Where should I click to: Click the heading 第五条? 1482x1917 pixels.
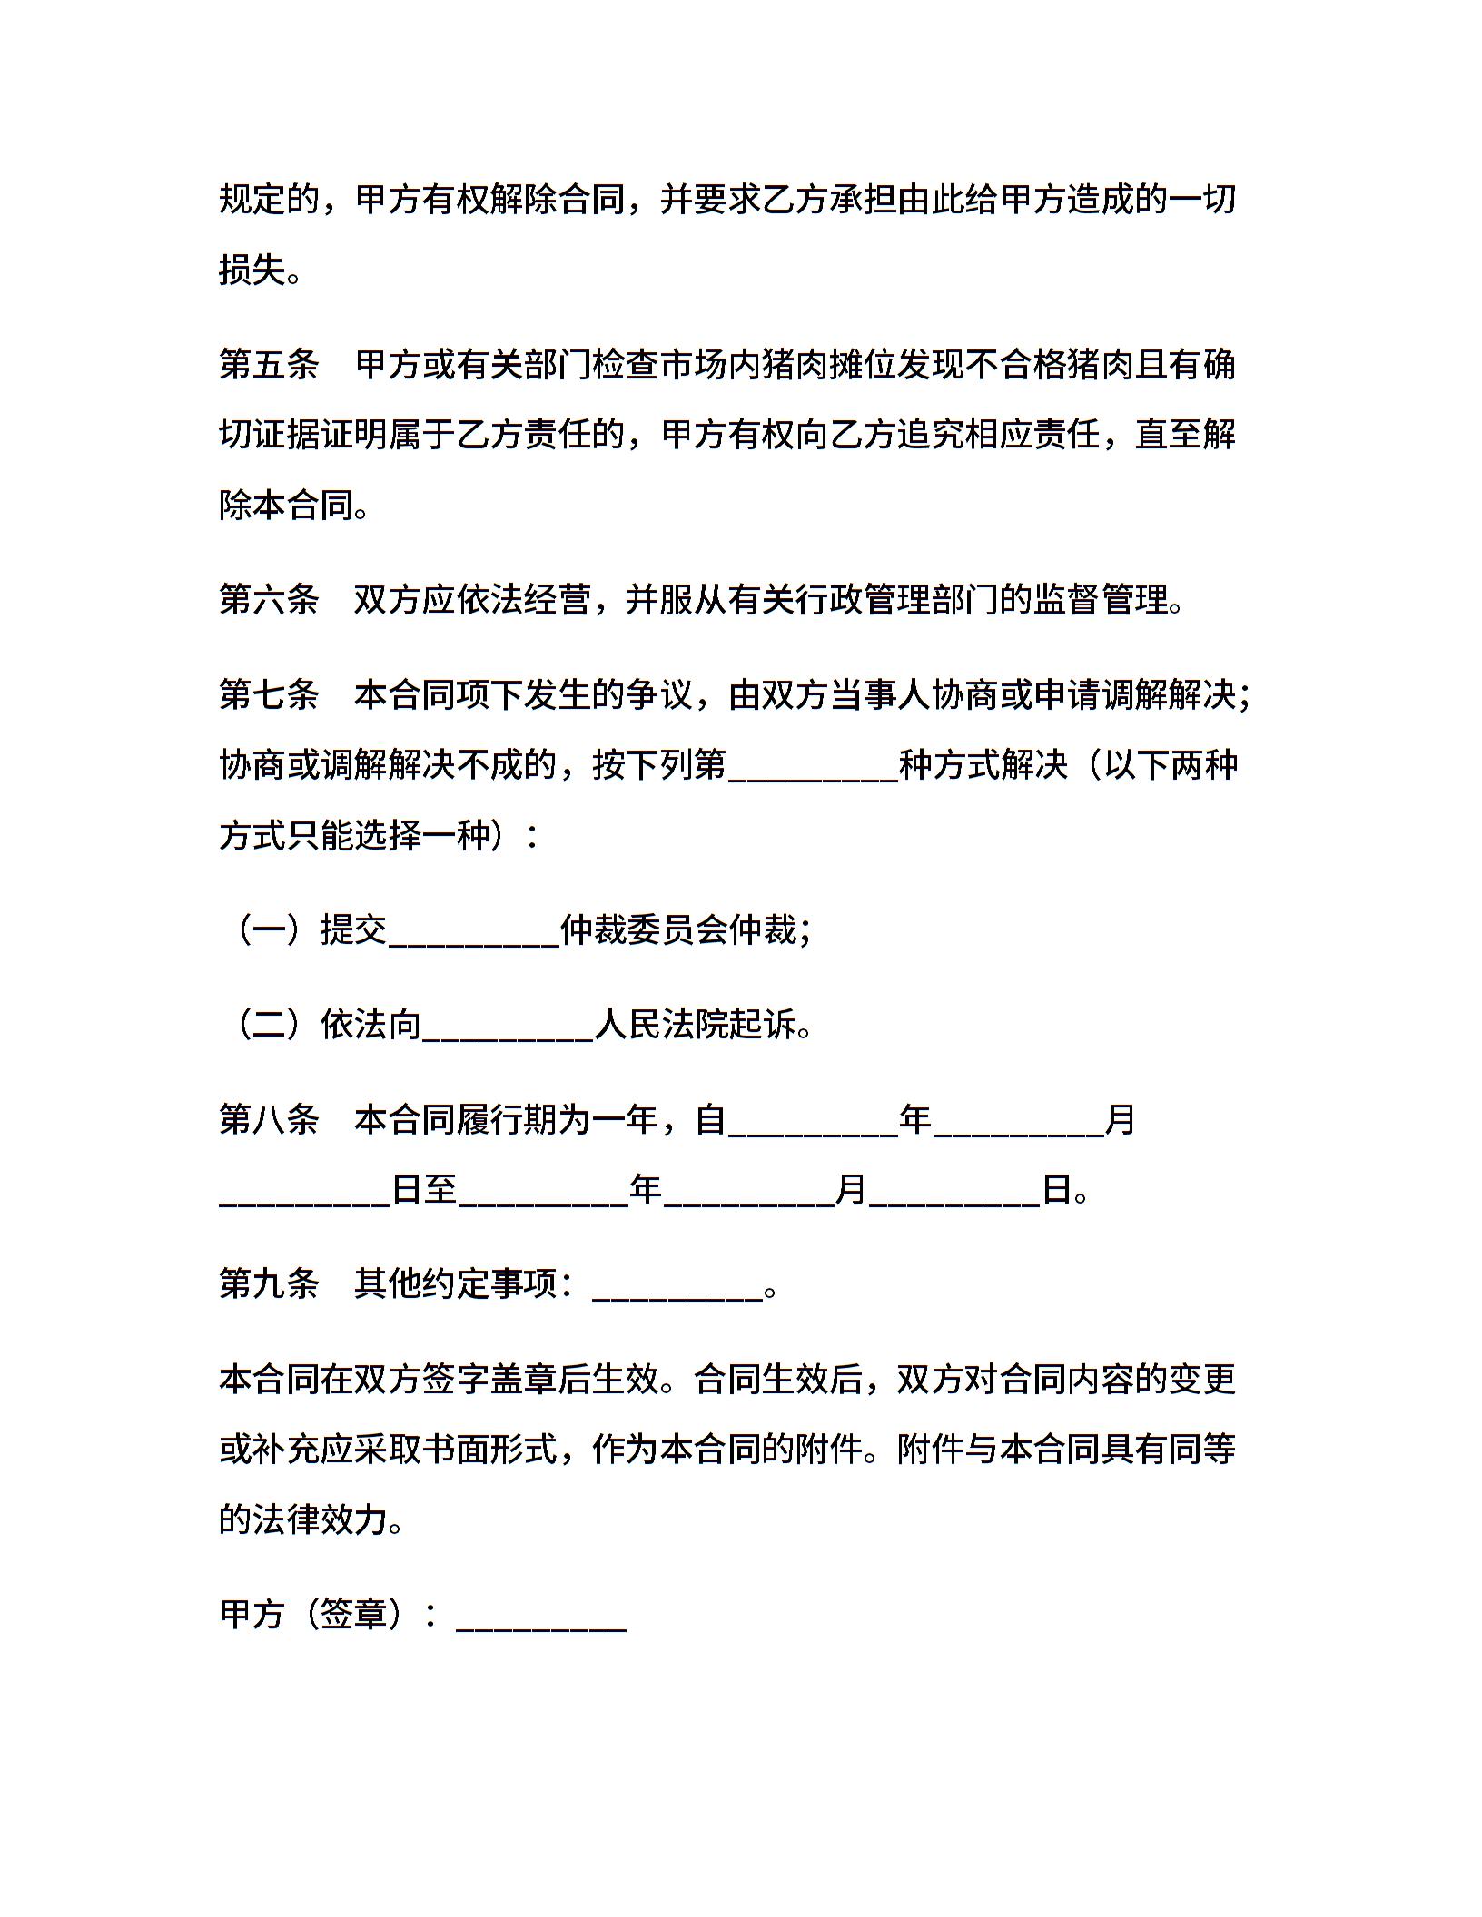tap(269, 366)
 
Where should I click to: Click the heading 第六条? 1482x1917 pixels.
tap(269, 600)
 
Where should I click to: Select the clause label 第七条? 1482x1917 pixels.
tap(269, 695)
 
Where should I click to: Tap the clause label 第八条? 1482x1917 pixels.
tap(269, 1120)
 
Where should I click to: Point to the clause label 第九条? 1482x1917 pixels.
tap(269, 1284)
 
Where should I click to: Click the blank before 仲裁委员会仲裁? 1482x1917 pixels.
tap(474, 931)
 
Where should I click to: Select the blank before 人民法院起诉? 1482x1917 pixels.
tap(508, 1026)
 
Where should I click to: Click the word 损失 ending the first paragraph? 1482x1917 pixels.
tap(252, 270)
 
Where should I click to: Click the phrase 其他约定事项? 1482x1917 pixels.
tap(455, 1284)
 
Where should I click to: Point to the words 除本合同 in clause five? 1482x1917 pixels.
tap(286, 506)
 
